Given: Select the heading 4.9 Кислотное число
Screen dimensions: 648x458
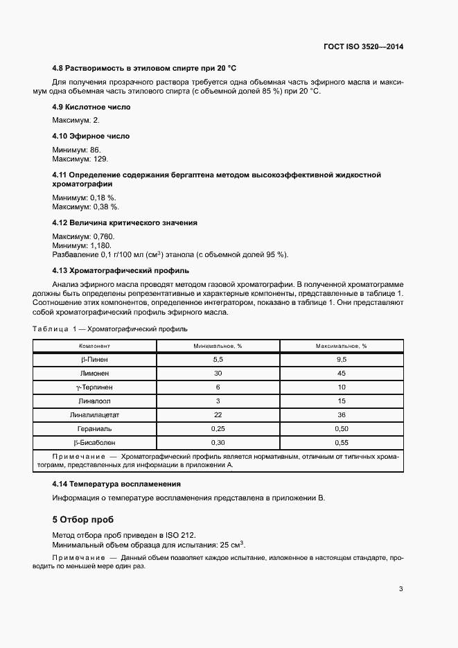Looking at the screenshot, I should click(x=91, y=107).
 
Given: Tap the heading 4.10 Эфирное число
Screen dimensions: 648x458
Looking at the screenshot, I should click(x=91, y=137).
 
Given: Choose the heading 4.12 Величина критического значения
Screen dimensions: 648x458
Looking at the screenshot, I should click(x=125, y=223).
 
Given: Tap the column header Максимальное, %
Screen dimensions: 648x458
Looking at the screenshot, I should click(x=341, y=345).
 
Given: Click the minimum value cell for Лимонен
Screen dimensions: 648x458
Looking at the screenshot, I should click(x=218, y=374).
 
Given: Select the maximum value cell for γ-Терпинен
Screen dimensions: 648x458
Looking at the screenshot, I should click(x=341, y=387).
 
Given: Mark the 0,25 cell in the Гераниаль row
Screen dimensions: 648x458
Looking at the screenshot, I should click(x=218, y=429).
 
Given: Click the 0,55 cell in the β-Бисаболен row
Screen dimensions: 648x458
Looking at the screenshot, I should click(x=341, y=443).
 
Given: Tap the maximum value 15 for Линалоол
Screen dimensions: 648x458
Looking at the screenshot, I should click(x=341, y=401).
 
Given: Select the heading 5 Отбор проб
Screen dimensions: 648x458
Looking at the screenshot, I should click(x=83, y=519).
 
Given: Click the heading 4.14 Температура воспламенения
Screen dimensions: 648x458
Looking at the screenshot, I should click(x=116, y=484).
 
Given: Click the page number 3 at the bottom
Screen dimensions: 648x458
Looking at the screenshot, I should click(x=400, y=590).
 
